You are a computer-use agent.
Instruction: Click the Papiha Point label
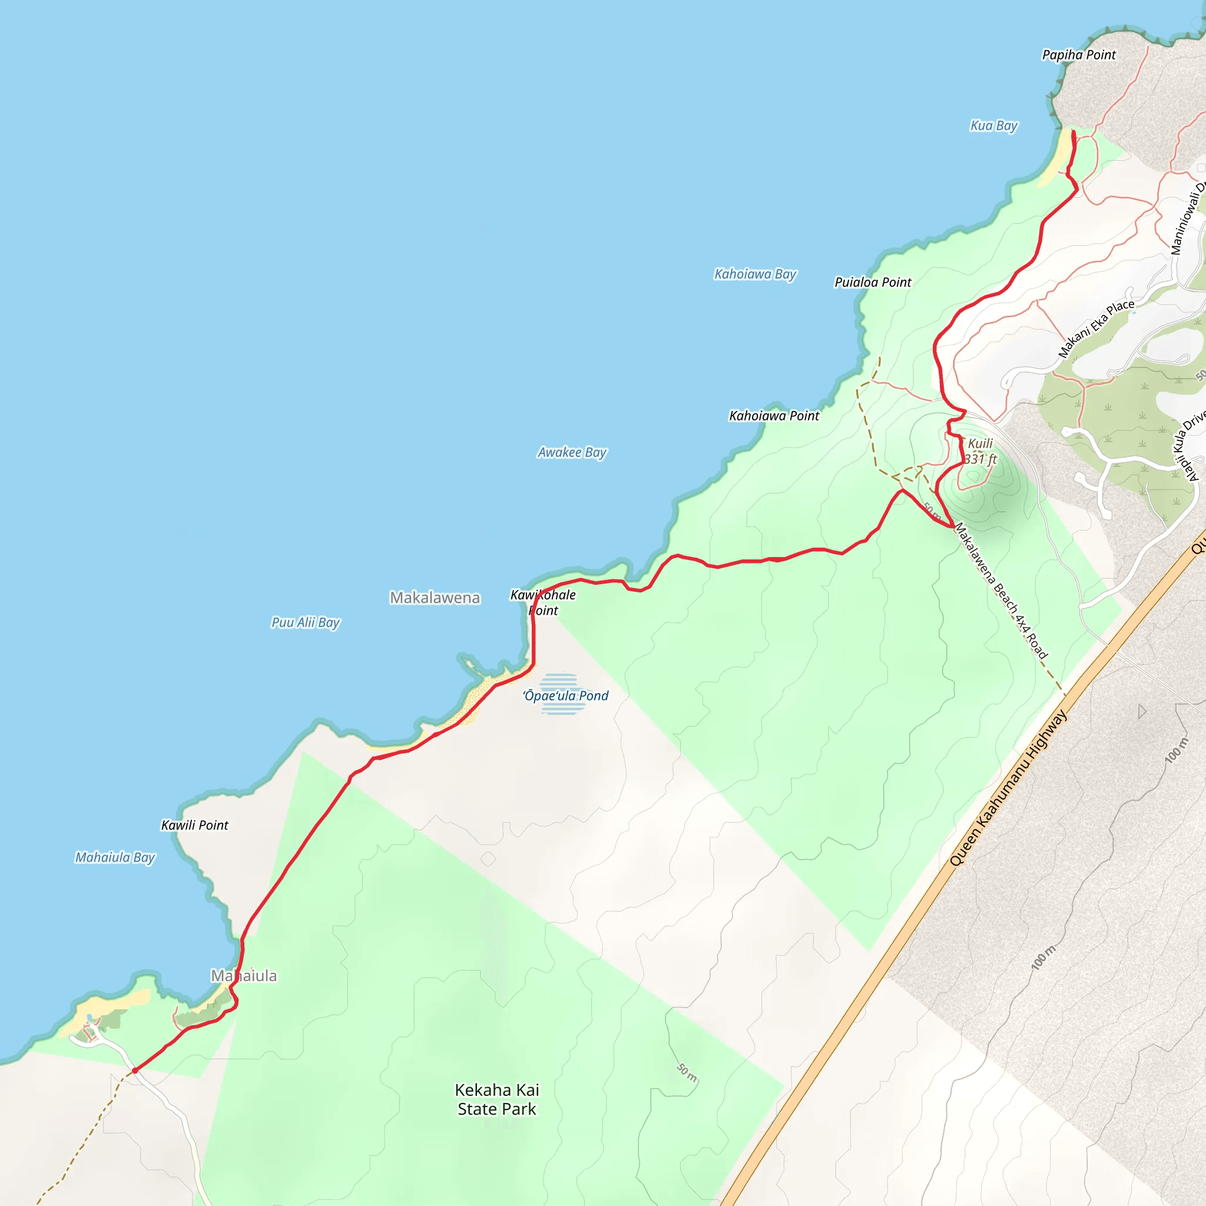point(1079,55)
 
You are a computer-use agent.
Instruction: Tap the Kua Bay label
point(994,125)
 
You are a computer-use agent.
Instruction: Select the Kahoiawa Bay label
point(756,274)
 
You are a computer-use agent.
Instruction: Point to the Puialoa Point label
point(873,282)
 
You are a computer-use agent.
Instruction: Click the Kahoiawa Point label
point(774,416)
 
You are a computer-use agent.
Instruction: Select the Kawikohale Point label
point(543,602)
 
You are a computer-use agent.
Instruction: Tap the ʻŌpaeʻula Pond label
point(566,695)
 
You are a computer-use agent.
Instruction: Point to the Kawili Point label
point(195,825)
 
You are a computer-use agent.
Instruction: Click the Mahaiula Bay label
point(115,857)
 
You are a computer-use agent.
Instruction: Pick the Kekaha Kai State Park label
point(497,1099)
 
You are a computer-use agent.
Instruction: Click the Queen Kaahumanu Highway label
point(1008,788)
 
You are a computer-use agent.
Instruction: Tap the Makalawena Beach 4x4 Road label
point(1000,591)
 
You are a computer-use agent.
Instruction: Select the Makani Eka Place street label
point(1096,329)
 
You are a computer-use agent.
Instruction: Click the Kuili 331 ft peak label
point(980,451)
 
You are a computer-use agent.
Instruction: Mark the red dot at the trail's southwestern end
point(135,1071)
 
